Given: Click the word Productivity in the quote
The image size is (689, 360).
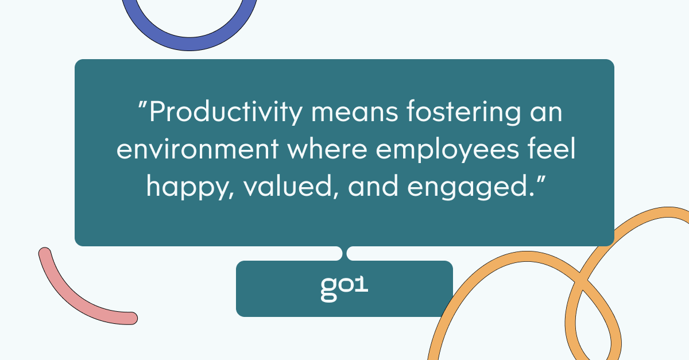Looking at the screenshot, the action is pos(226,113).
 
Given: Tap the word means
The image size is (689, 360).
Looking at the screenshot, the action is pos(355,113).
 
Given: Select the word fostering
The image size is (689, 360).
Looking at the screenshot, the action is pos(464,113).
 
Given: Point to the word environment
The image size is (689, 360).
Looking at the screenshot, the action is pos(198,149).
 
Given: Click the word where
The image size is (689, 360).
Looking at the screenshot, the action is pos(327,148).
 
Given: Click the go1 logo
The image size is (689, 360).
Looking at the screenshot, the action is pos(344,289).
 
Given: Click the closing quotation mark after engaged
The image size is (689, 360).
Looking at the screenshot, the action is pos(541,180).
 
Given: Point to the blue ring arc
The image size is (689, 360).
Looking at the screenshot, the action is pos(189,44).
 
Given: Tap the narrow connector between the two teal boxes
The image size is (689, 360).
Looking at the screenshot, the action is pos(344,253).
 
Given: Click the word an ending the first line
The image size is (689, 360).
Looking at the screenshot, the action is pos(546,113).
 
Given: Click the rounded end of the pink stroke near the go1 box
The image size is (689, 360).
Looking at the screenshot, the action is pos(131,318).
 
